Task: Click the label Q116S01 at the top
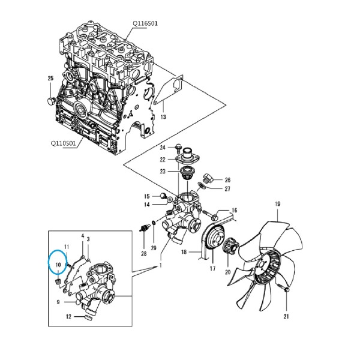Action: [x=145, y=23]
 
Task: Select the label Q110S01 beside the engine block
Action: [x=63, y=143]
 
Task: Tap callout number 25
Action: [x=50, y=78]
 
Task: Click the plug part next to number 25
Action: [x=50, y=100]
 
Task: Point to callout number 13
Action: [x=163, y=117]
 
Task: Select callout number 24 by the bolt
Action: [x=163, y=148]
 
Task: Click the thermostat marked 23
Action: [x=185, y=173]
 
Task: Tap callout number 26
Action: [x=227, y=180]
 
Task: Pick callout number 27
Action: [x=227, y=189]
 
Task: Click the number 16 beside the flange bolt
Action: [x=234, y=211]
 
